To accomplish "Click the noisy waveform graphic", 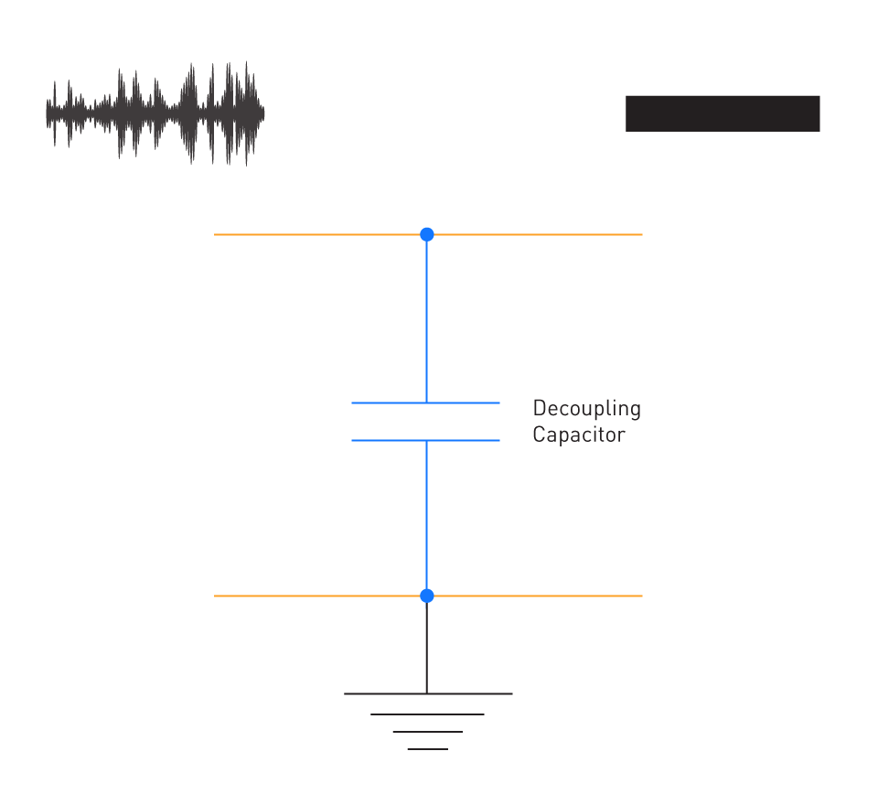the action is [155, 113].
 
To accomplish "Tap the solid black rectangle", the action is [723, 113].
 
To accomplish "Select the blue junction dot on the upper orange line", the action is [427, 234].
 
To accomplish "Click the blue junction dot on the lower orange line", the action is [427, 596].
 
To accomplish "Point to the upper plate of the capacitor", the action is [425, 402].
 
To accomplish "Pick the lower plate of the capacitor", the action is [425, 440].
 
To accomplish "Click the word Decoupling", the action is [587, 409].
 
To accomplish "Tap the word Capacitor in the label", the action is [579, 435].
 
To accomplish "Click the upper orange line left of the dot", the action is [317, 234].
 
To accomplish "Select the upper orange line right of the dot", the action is [538, 234].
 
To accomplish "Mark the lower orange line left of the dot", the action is [317, 596].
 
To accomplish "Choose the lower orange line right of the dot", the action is [538, 596].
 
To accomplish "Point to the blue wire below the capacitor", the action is [427, 514].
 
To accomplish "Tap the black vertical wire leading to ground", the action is [427, 649].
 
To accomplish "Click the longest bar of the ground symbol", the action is [428, 693].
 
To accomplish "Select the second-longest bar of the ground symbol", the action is [427, 714].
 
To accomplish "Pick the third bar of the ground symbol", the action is [428, 732].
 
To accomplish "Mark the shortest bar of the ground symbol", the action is [428, 749].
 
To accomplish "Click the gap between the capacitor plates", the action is [425, 422].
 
